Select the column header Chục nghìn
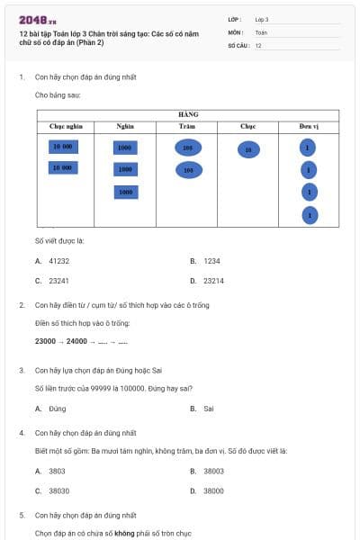(x=66, y=127)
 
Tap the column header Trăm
(x=187, y=127)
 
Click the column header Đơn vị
(x=309, y=127)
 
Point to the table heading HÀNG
(x=188, y=115)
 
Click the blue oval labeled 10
(x=248, y=150)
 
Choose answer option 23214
(x=213, y=281)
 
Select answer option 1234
(x=211, y=261)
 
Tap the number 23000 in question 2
(x=45, y=341)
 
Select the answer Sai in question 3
(x=209, y=408)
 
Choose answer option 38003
(x=213, y=471)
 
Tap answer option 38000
(x=213, y=490)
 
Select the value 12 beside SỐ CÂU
(x=258, y=45)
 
